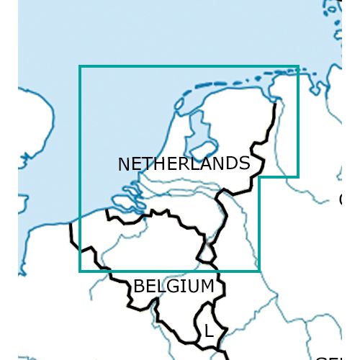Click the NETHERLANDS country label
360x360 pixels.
(184, 164)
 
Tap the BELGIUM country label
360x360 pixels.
(174, 287)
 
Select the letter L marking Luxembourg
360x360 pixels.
(208, 332)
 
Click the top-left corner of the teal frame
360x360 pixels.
(80, 67)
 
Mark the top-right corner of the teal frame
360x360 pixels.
(297, 67)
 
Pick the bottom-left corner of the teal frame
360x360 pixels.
(80, 271)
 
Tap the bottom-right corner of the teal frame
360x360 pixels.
(259, 271)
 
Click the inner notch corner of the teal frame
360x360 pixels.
(259, 176)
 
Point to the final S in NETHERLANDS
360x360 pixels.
(244, 163)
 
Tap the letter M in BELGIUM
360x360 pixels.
(207, 287)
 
